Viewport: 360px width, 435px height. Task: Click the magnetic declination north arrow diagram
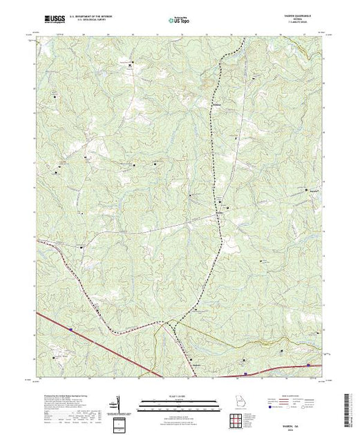click(x=120, y=403)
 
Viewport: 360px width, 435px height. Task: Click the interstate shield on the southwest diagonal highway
click(x=70, y=330)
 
